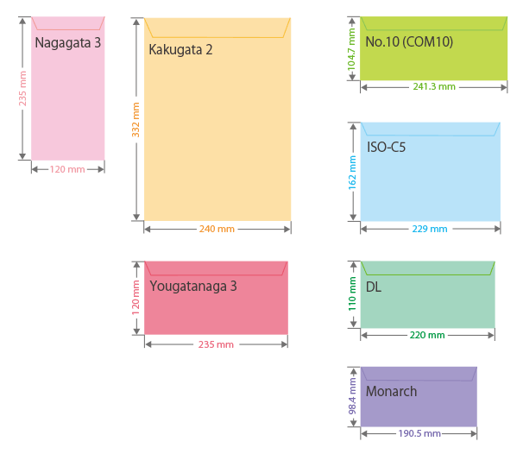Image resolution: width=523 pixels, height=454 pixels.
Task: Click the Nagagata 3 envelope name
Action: (68, 42)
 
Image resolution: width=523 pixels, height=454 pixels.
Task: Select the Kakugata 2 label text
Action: (180, 49)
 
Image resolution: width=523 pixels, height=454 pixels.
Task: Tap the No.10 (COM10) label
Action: (409, 41)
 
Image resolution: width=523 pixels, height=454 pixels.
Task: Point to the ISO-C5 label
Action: (386, 147)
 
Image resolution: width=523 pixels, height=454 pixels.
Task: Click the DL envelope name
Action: (373, 287)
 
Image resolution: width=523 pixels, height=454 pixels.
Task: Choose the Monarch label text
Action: (391, 392)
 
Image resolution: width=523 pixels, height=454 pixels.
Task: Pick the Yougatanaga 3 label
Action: (193, 286)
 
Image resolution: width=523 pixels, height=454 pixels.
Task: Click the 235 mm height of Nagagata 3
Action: (22, 88)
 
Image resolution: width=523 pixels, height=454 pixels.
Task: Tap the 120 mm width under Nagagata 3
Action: (67, 169)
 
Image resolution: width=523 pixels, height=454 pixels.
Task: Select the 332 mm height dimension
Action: (135, 119)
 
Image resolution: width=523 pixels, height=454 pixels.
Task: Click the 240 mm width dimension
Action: (217, 229)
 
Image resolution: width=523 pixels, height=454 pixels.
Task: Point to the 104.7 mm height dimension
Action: (351, 48)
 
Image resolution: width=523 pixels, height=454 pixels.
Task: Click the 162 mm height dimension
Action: (352, 172)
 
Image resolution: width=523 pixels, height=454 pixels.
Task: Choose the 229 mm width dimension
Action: (430, 229)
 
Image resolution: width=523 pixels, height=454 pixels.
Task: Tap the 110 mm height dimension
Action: (352, 293)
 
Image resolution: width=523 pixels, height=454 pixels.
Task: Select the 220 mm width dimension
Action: (427, 335)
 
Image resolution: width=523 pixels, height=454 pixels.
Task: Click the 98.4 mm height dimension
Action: (352, 396)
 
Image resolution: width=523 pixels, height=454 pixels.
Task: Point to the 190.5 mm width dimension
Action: (419, 433)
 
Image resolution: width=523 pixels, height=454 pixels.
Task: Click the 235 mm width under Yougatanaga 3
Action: (216, 344)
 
